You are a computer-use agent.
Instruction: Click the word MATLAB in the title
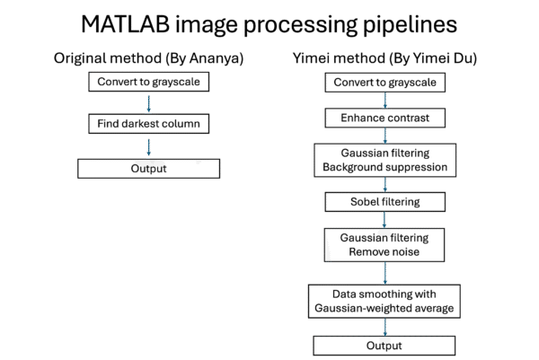126,24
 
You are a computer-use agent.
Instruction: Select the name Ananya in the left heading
214,58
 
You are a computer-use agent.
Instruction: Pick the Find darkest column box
148,124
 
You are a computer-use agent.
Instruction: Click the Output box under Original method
148,169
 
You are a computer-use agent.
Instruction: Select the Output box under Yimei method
384,346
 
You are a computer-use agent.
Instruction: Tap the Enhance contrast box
385,118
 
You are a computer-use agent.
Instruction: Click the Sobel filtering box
385,202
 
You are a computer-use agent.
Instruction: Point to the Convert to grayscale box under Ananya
148,82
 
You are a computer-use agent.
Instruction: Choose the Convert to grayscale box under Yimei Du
385,83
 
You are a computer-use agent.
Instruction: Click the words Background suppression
385,167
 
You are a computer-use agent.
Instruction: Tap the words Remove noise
384,251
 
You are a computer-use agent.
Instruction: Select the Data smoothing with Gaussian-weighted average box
384,302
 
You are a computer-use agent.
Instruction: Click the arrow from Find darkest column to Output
148,147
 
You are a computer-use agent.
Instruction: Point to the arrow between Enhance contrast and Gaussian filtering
385,136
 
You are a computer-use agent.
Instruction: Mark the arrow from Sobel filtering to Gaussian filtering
384,220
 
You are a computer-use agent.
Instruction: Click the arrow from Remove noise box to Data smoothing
384,273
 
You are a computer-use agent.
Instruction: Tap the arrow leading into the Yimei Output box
384,327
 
